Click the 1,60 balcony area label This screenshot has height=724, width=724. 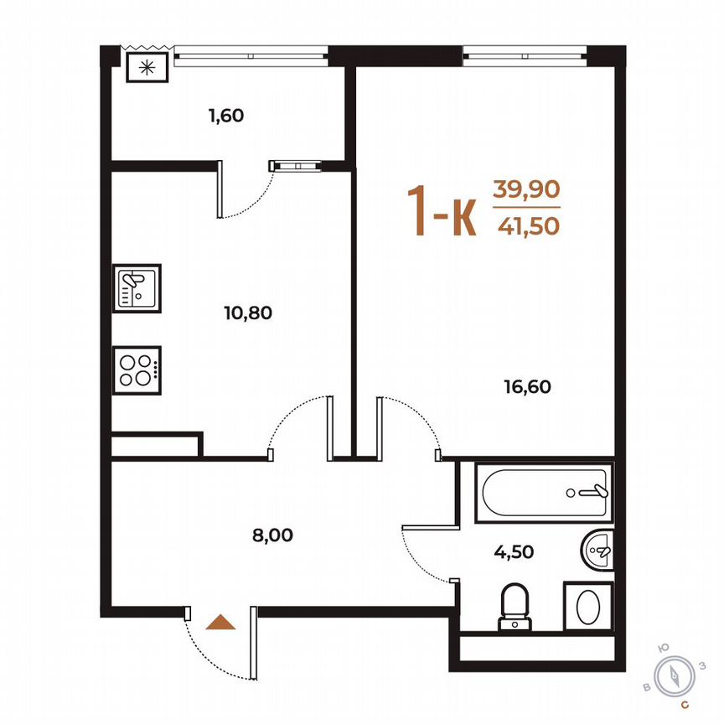point(225,116)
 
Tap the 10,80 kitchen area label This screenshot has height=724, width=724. point(249,313)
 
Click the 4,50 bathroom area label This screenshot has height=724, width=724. point(514,551)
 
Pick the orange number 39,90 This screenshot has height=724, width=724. point(525,189)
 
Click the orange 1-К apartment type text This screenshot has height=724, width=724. point(442,211)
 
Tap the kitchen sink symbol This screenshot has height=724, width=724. point(137,287)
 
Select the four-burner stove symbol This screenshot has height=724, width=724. point(137,369)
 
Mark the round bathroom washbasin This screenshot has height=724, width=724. point(598,550)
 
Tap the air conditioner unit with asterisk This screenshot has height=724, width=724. point(147,68)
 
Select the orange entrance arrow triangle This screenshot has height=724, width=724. point(220,622)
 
